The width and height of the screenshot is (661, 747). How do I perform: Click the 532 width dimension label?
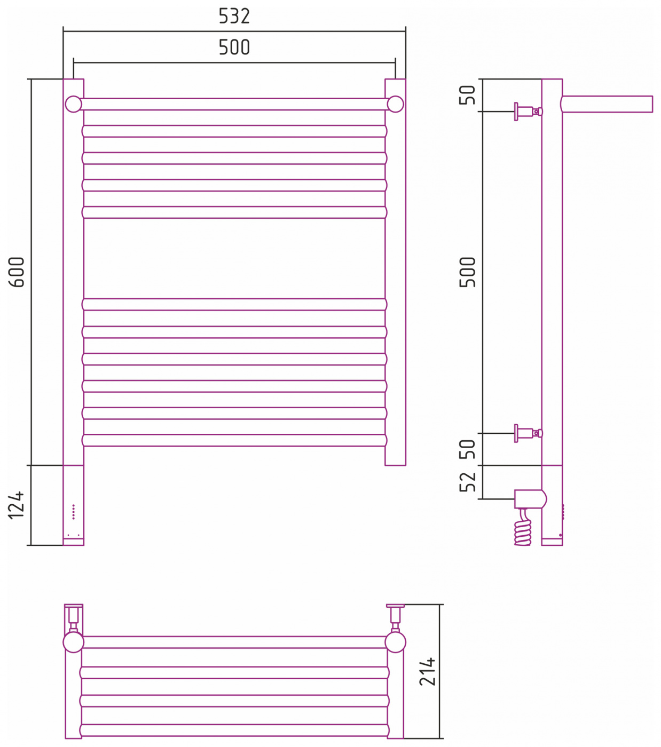tap(234, 16)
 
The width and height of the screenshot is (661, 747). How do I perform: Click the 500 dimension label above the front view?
tap(234, 47)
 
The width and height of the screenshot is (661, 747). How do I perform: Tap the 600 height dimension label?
tap(17, 272)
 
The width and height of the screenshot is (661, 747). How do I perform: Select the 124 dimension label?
tap(17, 505)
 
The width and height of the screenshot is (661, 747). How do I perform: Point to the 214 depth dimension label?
tap(427, 671)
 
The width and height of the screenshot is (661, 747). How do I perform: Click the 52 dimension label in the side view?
tap(467, 481)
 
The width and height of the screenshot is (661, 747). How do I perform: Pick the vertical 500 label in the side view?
tap(467, 272)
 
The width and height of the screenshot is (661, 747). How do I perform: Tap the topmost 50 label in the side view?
tap(467, 95)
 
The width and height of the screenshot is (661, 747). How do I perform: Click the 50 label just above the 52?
tap(467, 449)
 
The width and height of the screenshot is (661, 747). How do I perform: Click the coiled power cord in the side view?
tap(523, 527)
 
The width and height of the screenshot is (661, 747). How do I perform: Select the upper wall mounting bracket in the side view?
tap(528, 112)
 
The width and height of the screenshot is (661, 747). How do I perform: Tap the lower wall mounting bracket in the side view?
tap(528, 433)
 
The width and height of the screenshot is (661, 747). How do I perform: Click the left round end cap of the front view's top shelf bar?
tap(74, 104)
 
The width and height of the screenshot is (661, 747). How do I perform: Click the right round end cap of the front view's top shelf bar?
tap(395, 104)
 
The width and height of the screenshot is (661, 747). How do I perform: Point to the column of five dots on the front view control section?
tap(74, 512)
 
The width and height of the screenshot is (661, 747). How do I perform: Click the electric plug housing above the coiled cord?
tap(530, 499)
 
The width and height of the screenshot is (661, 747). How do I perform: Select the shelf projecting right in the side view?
tap(607, 104)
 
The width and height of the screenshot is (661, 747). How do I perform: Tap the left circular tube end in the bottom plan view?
tap(74, 642)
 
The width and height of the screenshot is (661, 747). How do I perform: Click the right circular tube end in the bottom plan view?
tap(395, 642)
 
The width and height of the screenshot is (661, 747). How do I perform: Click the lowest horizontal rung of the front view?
tap(234, 440)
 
